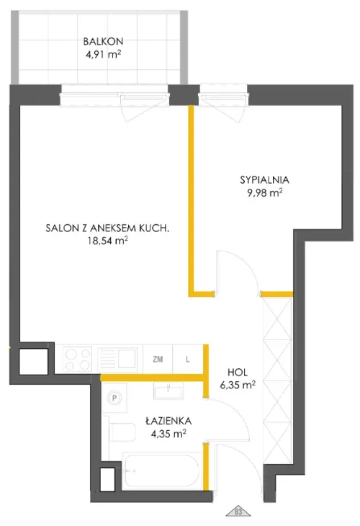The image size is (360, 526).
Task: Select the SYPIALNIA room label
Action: click(260, 181)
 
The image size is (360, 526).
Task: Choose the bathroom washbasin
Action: click(169, 389)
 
